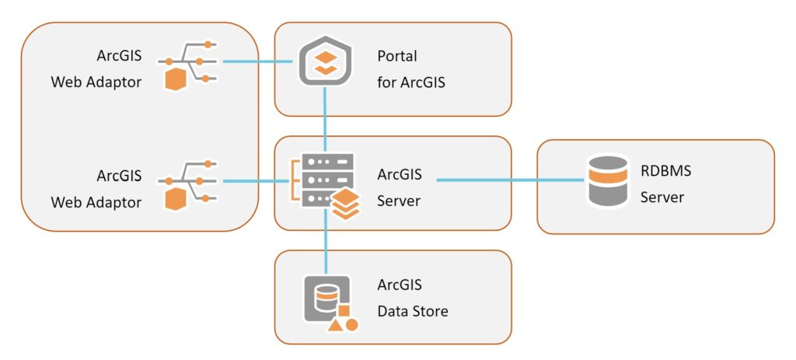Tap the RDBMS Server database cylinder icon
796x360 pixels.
[x=608, y=180]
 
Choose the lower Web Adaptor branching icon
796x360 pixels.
[x=188, y=185]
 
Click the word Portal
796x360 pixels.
[x=397, y=56]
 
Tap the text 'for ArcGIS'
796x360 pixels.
[x=410, y=81]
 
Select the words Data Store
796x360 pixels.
[x=412, y=311]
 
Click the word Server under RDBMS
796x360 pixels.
[x=662, y=197]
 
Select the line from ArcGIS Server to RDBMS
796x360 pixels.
[x=509, y=180]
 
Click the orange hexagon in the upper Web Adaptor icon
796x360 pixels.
[x=176, y=79]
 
